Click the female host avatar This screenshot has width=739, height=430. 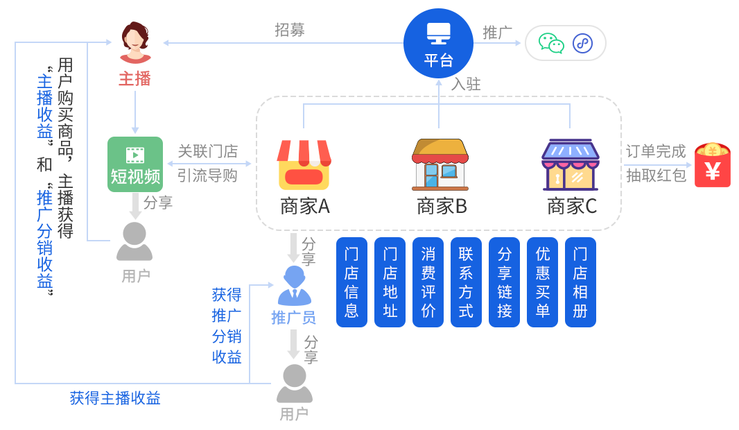click(135, 42)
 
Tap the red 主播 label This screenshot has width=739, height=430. click(135, 79)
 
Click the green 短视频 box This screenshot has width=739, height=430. click(135, 164)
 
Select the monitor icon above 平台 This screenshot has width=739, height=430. click(438, 33)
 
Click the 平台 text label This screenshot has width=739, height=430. click(438, 60)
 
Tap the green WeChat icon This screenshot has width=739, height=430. click(551, 44)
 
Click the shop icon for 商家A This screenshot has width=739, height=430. click(304, 165)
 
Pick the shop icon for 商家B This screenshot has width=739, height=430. click(440, 164)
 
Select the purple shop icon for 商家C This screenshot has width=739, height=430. click(570, 165)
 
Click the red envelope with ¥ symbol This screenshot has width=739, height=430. click(713, 165)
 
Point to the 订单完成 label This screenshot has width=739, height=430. click(656, 151)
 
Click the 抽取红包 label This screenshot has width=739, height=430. click(656, 175)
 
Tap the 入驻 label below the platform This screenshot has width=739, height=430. click(466, 85)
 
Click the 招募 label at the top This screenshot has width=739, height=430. click(290, 30)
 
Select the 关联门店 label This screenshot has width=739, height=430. click(207, 151)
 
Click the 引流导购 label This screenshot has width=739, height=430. click(207, 175)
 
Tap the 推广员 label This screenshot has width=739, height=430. click(293, 318)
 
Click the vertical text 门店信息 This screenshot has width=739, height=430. click(351, 282)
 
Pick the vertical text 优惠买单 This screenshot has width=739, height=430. click(542, 282)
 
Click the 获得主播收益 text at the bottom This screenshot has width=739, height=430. click(115, 398)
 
